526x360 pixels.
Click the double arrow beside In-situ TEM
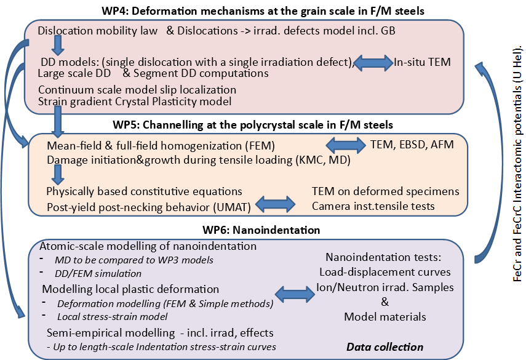[374, 62]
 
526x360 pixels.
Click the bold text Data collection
[385, 346]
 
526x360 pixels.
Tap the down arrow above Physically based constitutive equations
[57, 177]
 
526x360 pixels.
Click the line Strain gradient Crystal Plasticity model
[135, 101]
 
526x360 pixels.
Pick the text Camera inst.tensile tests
[373, 206]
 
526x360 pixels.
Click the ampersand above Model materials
[385, 302]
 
